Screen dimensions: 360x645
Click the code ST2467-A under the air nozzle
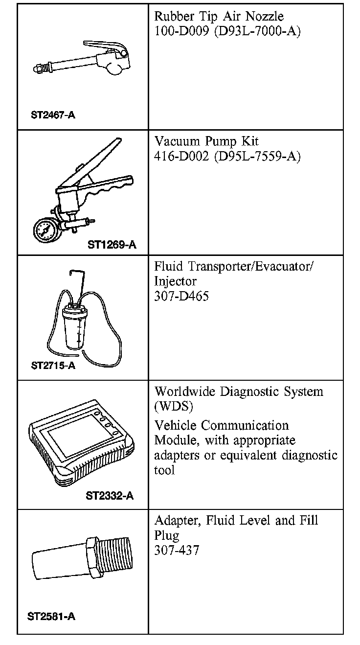[x=53, y=115]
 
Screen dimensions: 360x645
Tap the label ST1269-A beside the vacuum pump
[x=112, y=245]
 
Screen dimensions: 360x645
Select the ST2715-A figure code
[x=53, y=366]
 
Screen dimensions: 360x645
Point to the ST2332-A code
[x=110, y=496]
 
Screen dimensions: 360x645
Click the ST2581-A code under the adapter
[x=51, y=616]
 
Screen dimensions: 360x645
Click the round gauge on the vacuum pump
[x=45, y=229]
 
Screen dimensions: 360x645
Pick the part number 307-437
[x=177, y=550]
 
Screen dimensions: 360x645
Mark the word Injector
[x=176, y=282]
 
